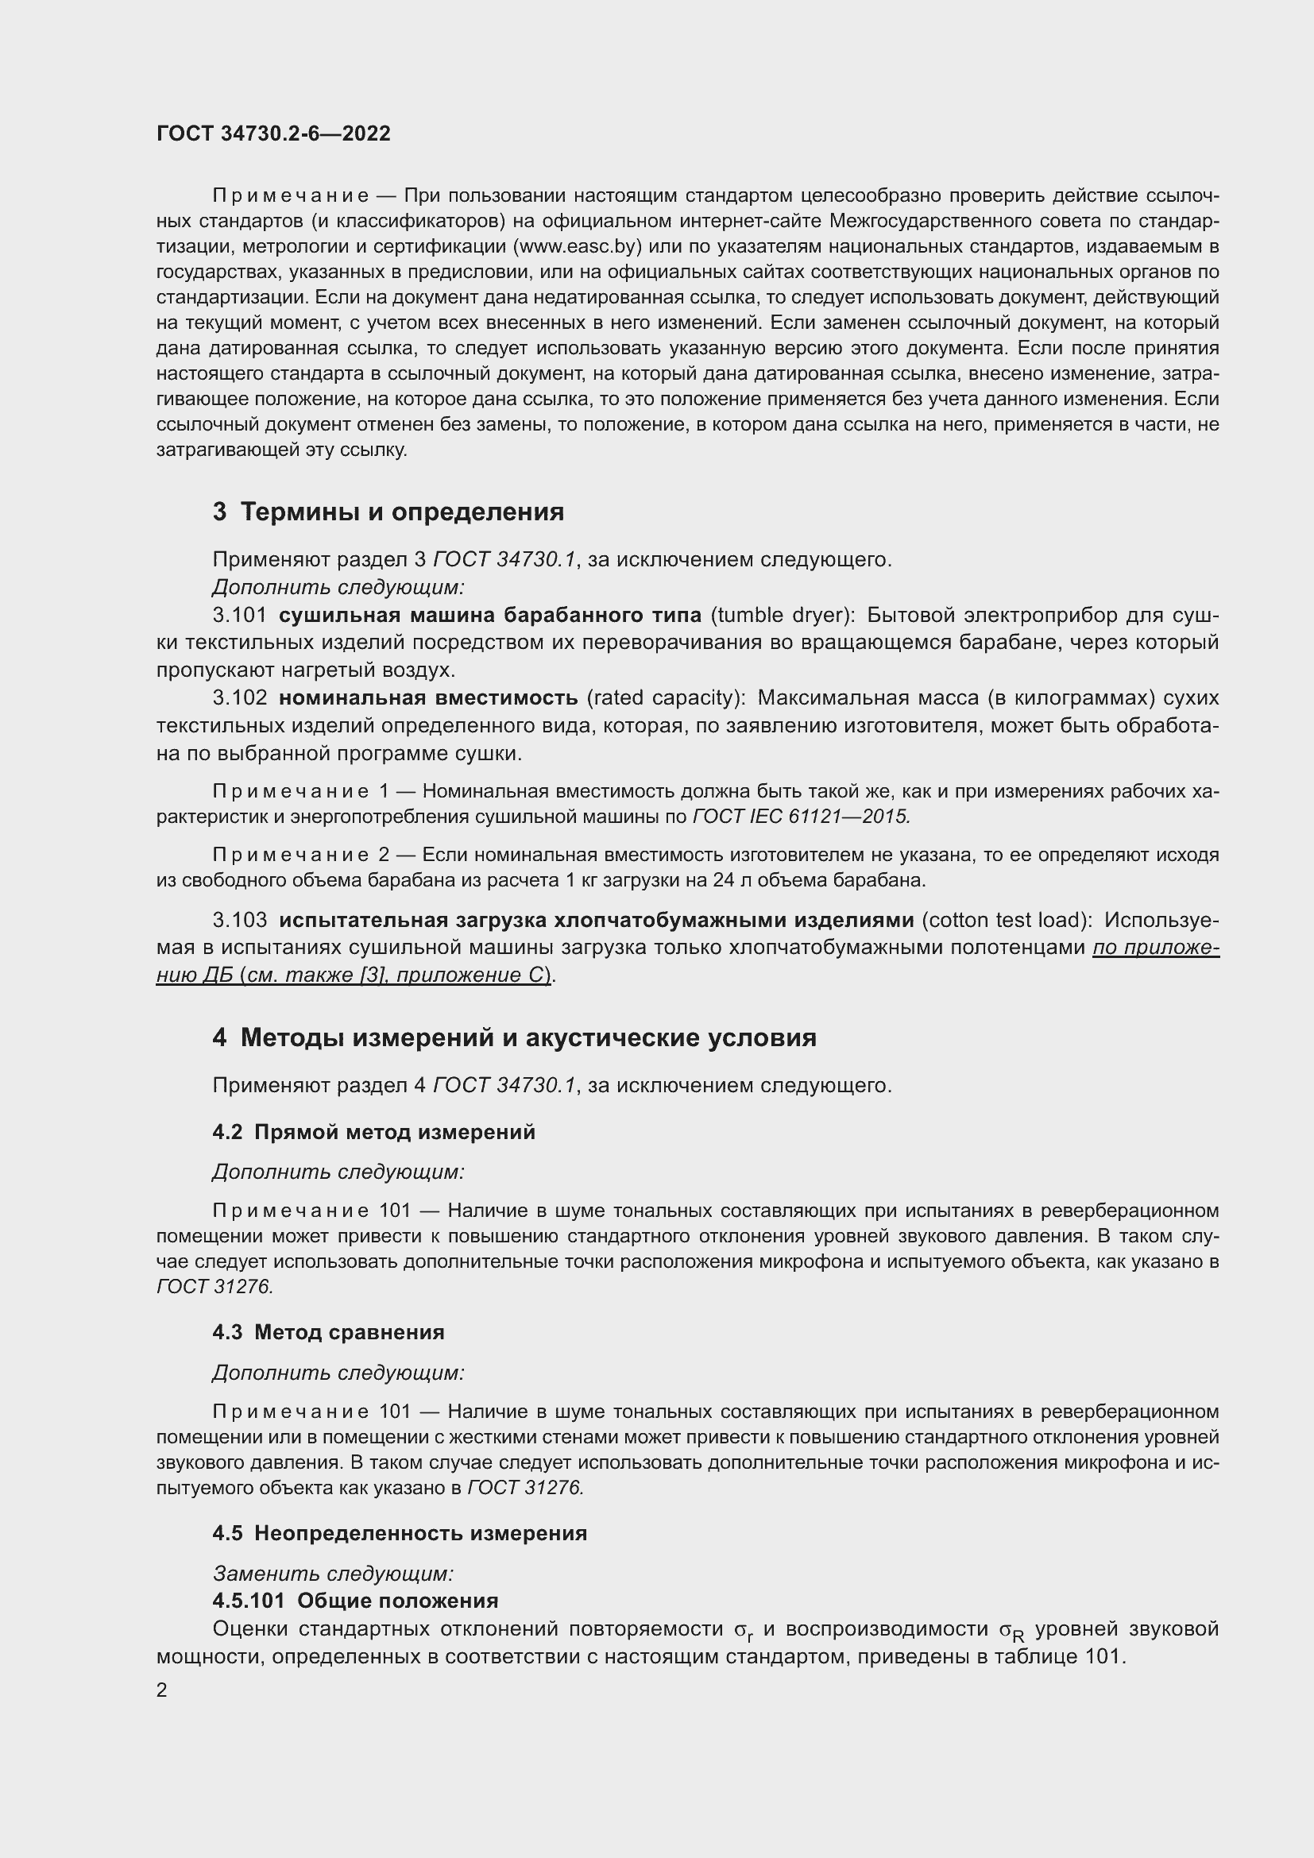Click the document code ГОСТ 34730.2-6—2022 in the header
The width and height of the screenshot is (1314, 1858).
272,133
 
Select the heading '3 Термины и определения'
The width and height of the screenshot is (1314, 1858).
388,512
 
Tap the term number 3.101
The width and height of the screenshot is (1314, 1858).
239,615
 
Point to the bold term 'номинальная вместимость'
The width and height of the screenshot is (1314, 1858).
428,697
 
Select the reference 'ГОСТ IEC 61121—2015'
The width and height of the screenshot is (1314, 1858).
801,816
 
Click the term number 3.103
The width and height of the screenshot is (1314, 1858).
239,919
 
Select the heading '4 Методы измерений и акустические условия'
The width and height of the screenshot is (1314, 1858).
515,1037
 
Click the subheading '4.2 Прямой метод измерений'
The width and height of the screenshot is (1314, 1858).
374,1131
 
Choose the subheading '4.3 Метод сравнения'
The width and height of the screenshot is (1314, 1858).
329,1332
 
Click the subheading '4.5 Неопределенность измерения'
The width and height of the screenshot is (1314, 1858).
400,1532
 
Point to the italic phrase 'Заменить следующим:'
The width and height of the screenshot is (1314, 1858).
333,1573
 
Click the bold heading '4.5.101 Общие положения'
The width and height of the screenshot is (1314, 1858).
355,1601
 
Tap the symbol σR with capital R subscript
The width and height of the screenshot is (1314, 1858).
1011,1631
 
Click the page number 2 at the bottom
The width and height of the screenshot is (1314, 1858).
162,1690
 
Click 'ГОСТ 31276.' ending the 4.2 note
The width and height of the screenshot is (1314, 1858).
215,1286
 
